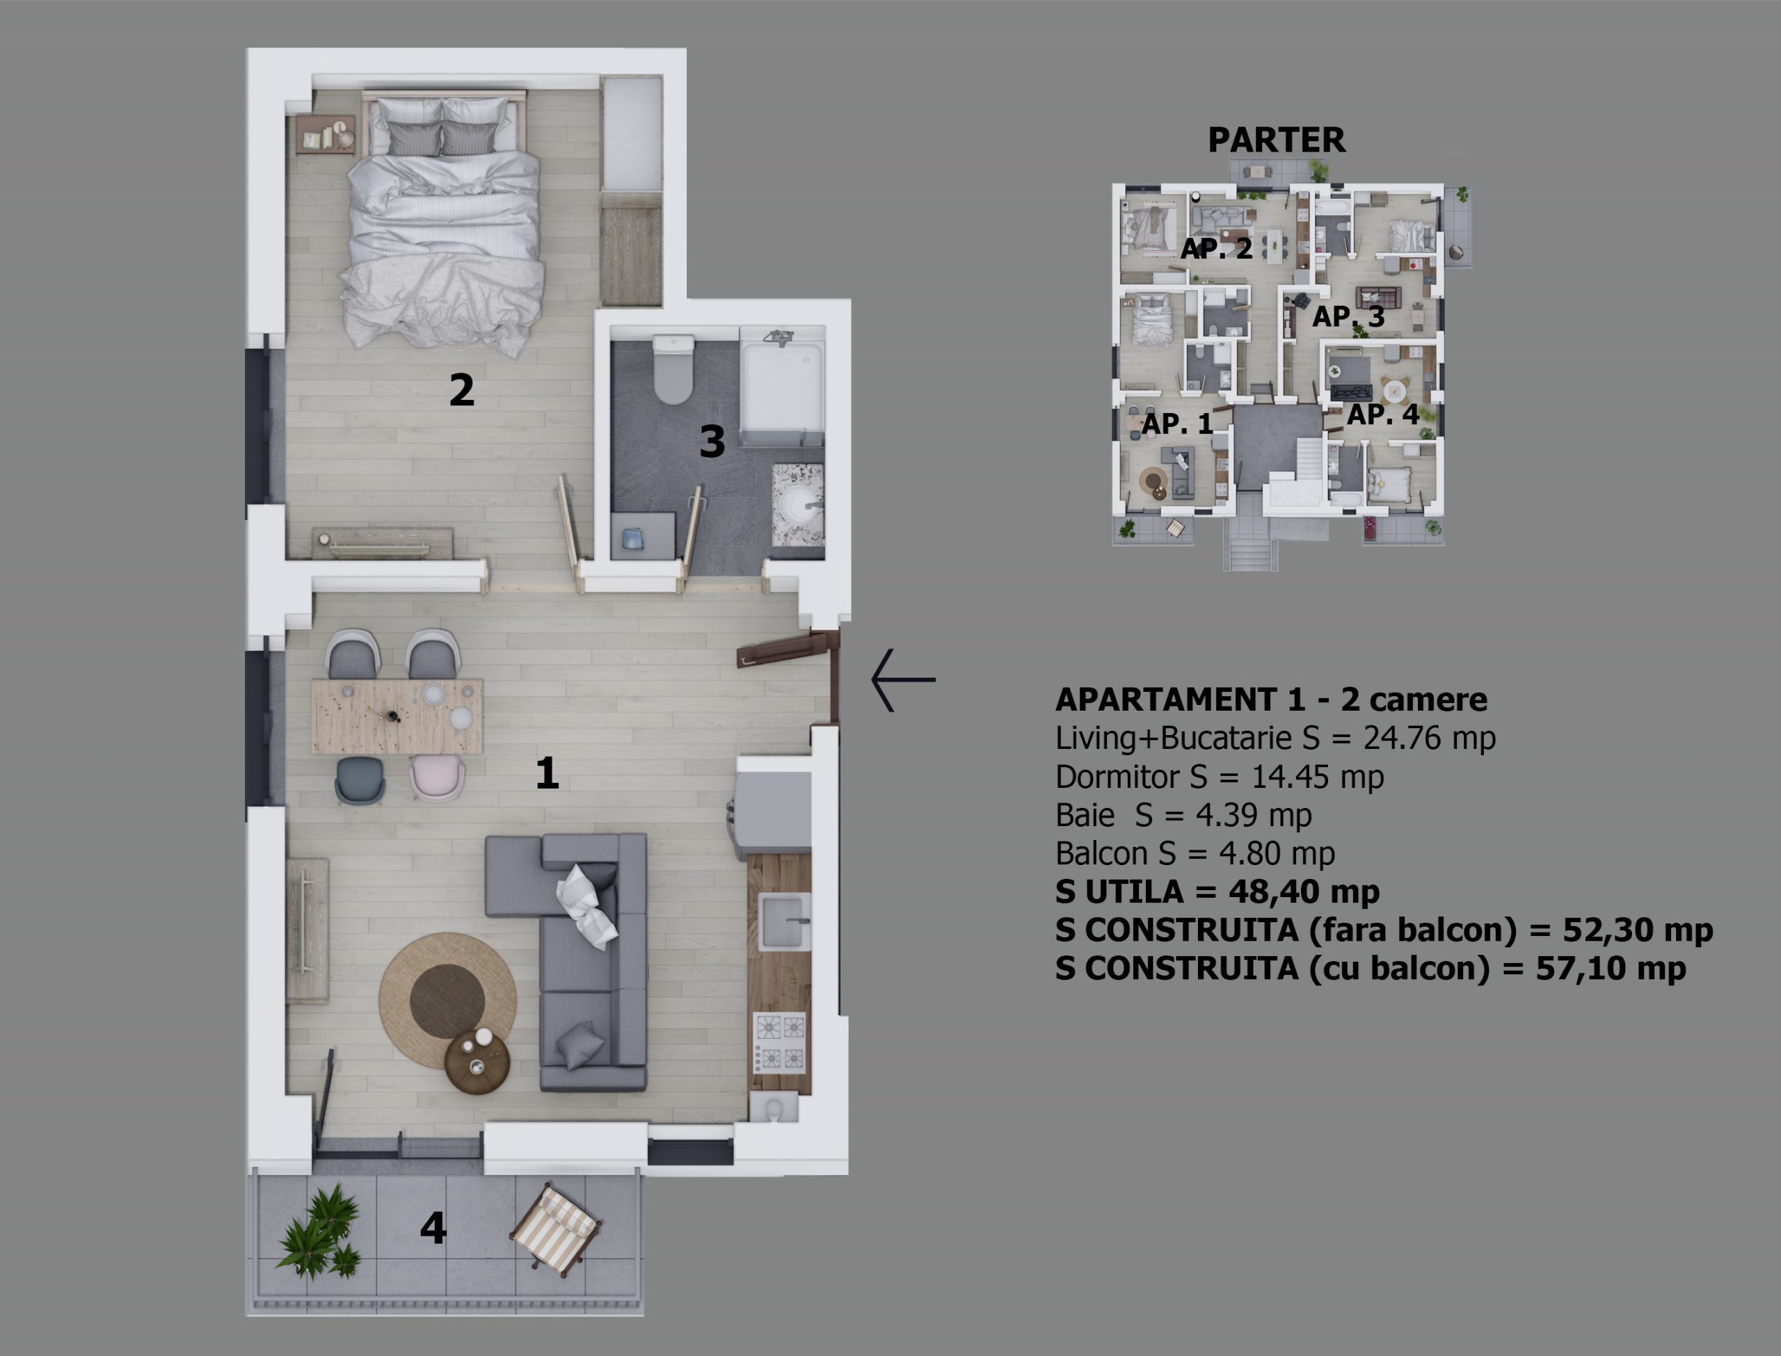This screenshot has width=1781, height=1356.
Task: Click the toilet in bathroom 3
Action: coord(673,370)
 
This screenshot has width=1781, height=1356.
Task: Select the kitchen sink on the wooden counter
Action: coord(784,922)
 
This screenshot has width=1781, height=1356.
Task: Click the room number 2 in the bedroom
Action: coord(461,390)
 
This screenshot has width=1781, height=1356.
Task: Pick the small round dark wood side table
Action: coord(477,1063)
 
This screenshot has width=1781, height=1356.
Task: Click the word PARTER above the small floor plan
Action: coord(1277,140)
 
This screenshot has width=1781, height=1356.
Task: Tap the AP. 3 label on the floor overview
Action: coord(1348,316)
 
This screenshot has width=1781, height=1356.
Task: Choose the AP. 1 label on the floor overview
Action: coord(1177,423)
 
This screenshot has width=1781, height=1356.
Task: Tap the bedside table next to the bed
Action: coord(326,134)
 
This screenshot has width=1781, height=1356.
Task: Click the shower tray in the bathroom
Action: coord(781,384)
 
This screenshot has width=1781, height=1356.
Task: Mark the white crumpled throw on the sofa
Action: coord(589,905)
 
